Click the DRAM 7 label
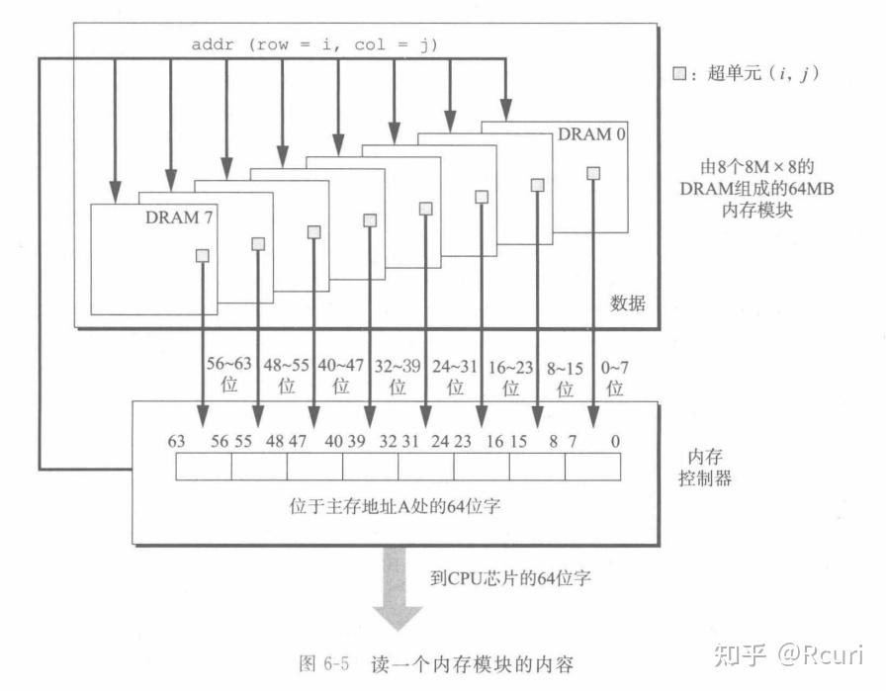(179, 217)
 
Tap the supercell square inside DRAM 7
(202, 256)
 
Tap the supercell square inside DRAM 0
(592, 173)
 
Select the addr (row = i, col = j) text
(313, 44)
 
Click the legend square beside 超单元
(678, 73)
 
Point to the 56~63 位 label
(229, 376)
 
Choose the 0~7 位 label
(615, 376)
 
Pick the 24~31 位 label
(456, 376)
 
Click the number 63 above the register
(176, 441)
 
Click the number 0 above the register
(615, 441)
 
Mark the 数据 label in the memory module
(627, 303)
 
